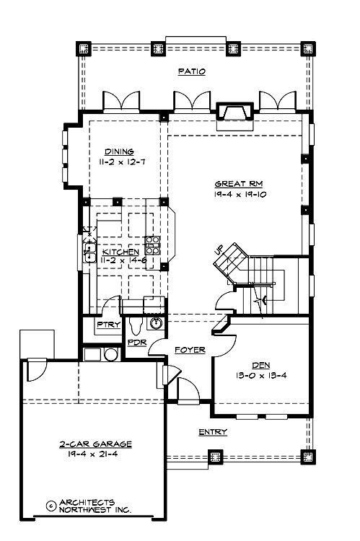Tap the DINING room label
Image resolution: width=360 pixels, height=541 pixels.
(119, 151)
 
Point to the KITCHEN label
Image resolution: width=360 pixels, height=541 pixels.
(120, 252)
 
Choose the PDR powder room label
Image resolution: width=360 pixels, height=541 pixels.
(136, 343)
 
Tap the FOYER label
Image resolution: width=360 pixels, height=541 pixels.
(190, 350)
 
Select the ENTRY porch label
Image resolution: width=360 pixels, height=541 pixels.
(213, 432)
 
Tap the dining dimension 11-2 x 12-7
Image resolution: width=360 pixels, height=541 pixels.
(120, 162)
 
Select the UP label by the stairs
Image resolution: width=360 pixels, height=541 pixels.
(219, 250)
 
